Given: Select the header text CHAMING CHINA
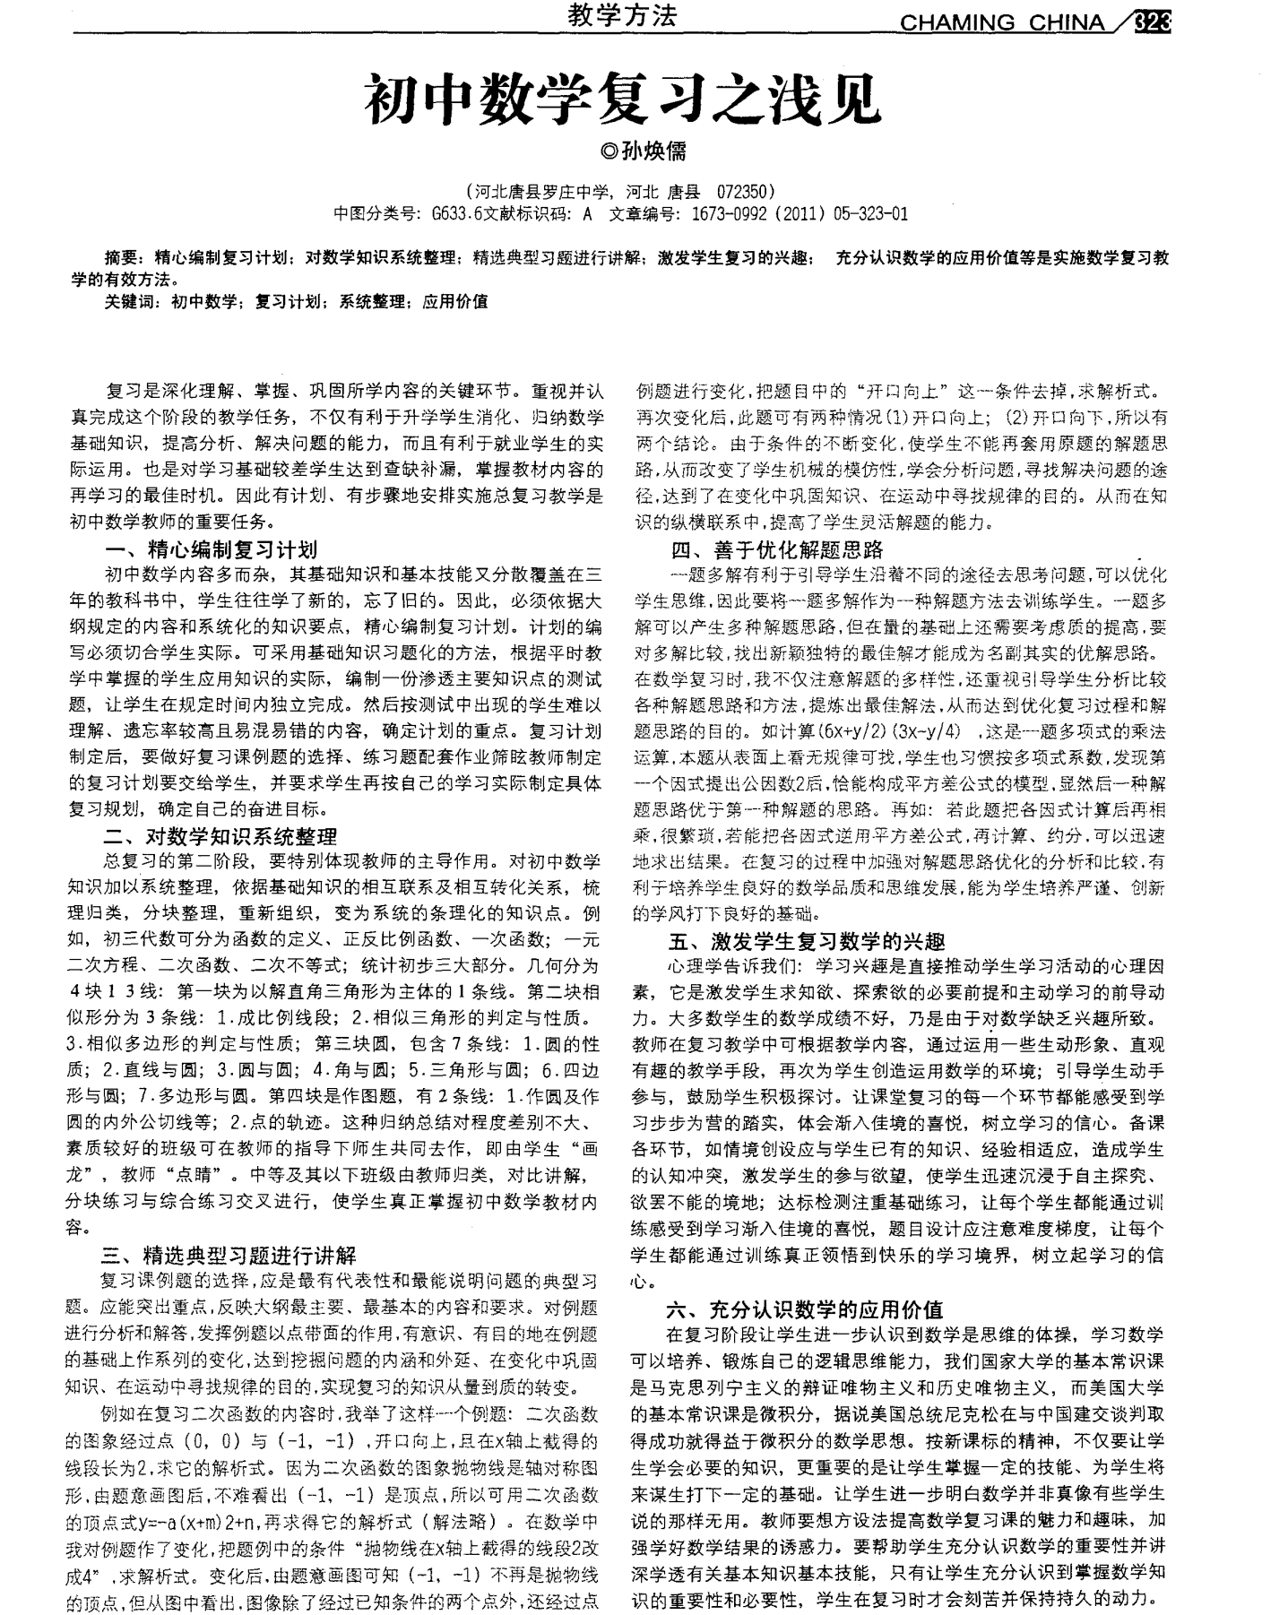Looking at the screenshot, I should click(1001, 23).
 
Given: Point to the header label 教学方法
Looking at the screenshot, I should click(622, 15).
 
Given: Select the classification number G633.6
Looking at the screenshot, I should click(456, 213).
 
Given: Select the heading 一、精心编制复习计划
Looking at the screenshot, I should click(212, 549).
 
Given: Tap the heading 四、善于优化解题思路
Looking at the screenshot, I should click(777, 549).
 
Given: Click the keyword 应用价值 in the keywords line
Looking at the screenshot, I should click(455, 301).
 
